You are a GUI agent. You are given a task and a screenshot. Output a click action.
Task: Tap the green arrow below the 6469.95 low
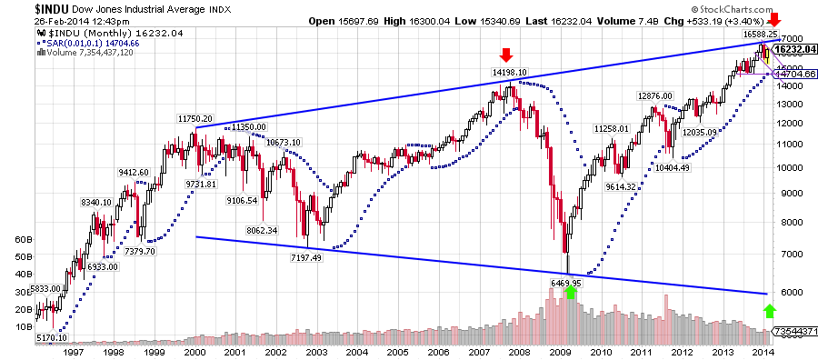click(570, 293)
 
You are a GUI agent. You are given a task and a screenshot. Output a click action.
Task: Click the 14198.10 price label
click(510, 72)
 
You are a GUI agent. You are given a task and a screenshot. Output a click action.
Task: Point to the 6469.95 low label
click(570, 283)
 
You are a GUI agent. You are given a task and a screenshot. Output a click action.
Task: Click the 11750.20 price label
click(195, 119)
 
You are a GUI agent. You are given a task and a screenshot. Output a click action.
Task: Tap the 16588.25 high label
click(759, 33)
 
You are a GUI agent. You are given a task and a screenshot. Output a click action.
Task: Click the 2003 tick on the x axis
click(315, 351)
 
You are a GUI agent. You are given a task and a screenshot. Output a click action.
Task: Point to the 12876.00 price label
click(654, 95)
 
